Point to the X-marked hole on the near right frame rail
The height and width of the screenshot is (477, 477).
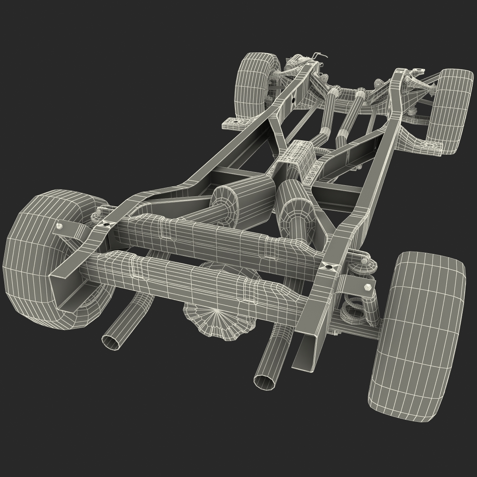pos(328,267)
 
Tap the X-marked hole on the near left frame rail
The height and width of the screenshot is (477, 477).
pos(106,225)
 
